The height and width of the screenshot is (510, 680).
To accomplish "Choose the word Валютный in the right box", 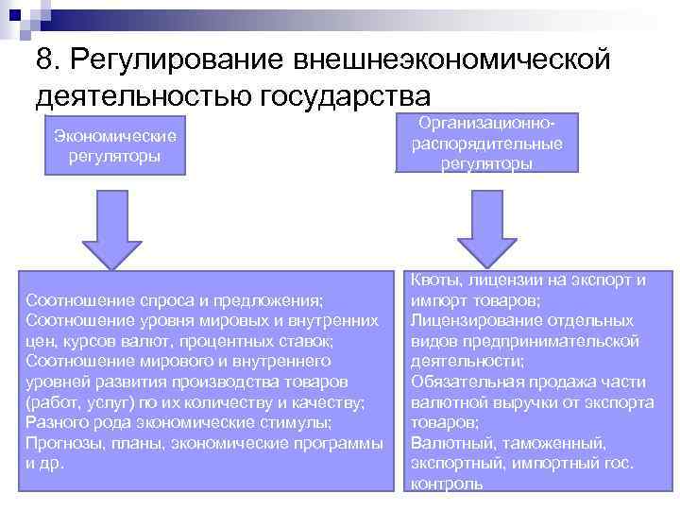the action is tap(444, 443).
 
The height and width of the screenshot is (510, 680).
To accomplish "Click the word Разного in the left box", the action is tap(57, 423).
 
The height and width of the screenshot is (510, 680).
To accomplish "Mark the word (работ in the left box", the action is tap(51, 403).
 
